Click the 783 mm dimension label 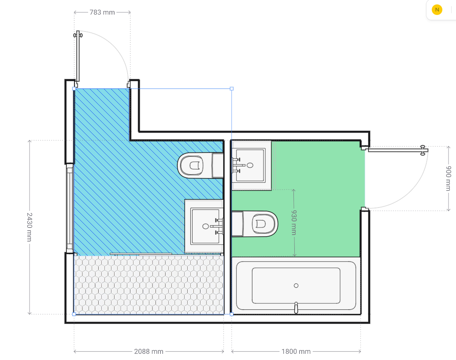pyautogui.click(x=102, y=12)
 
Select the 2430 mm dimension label pyautogui.click(x=30, y=227)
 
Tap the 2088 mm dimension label pyautogui.click(x=148, y=352)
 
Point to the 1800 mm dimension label pyautogui.click(x=296, y=352)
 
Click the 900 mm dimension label pyautogui.click(x=449, y=178)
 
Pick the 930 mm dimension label pyautogui.click(x=294, y=223)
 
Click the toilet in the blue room pyautogui.click(x=200, y=165)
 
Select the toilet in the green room pyautogui.click(x=255, y=224)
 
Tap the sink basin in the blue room pyautogui.click(x=205, y=226)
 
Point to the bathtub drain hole pyautogui.click(x=296, y=286)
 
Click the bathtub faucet pyautogui.click(x=296, y=308)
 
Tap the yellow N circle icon pyautogui.click(x=437, y=10)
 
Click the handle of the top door pyautogui.click(x=78, y=35)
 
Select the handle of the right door pyautogui.click(x=423, y=150)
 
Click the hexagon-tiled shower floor pyautogui.click(x=149, y=285)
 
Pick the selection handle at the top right pyautogui.click(x=232, y=88)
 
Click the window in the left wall pyautogui.click(x=70, y=208)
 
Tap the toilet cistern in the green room pyautogui.click(x=237, y=224)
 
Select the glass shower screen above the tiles pyautogui.click(x=141, y=254)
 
